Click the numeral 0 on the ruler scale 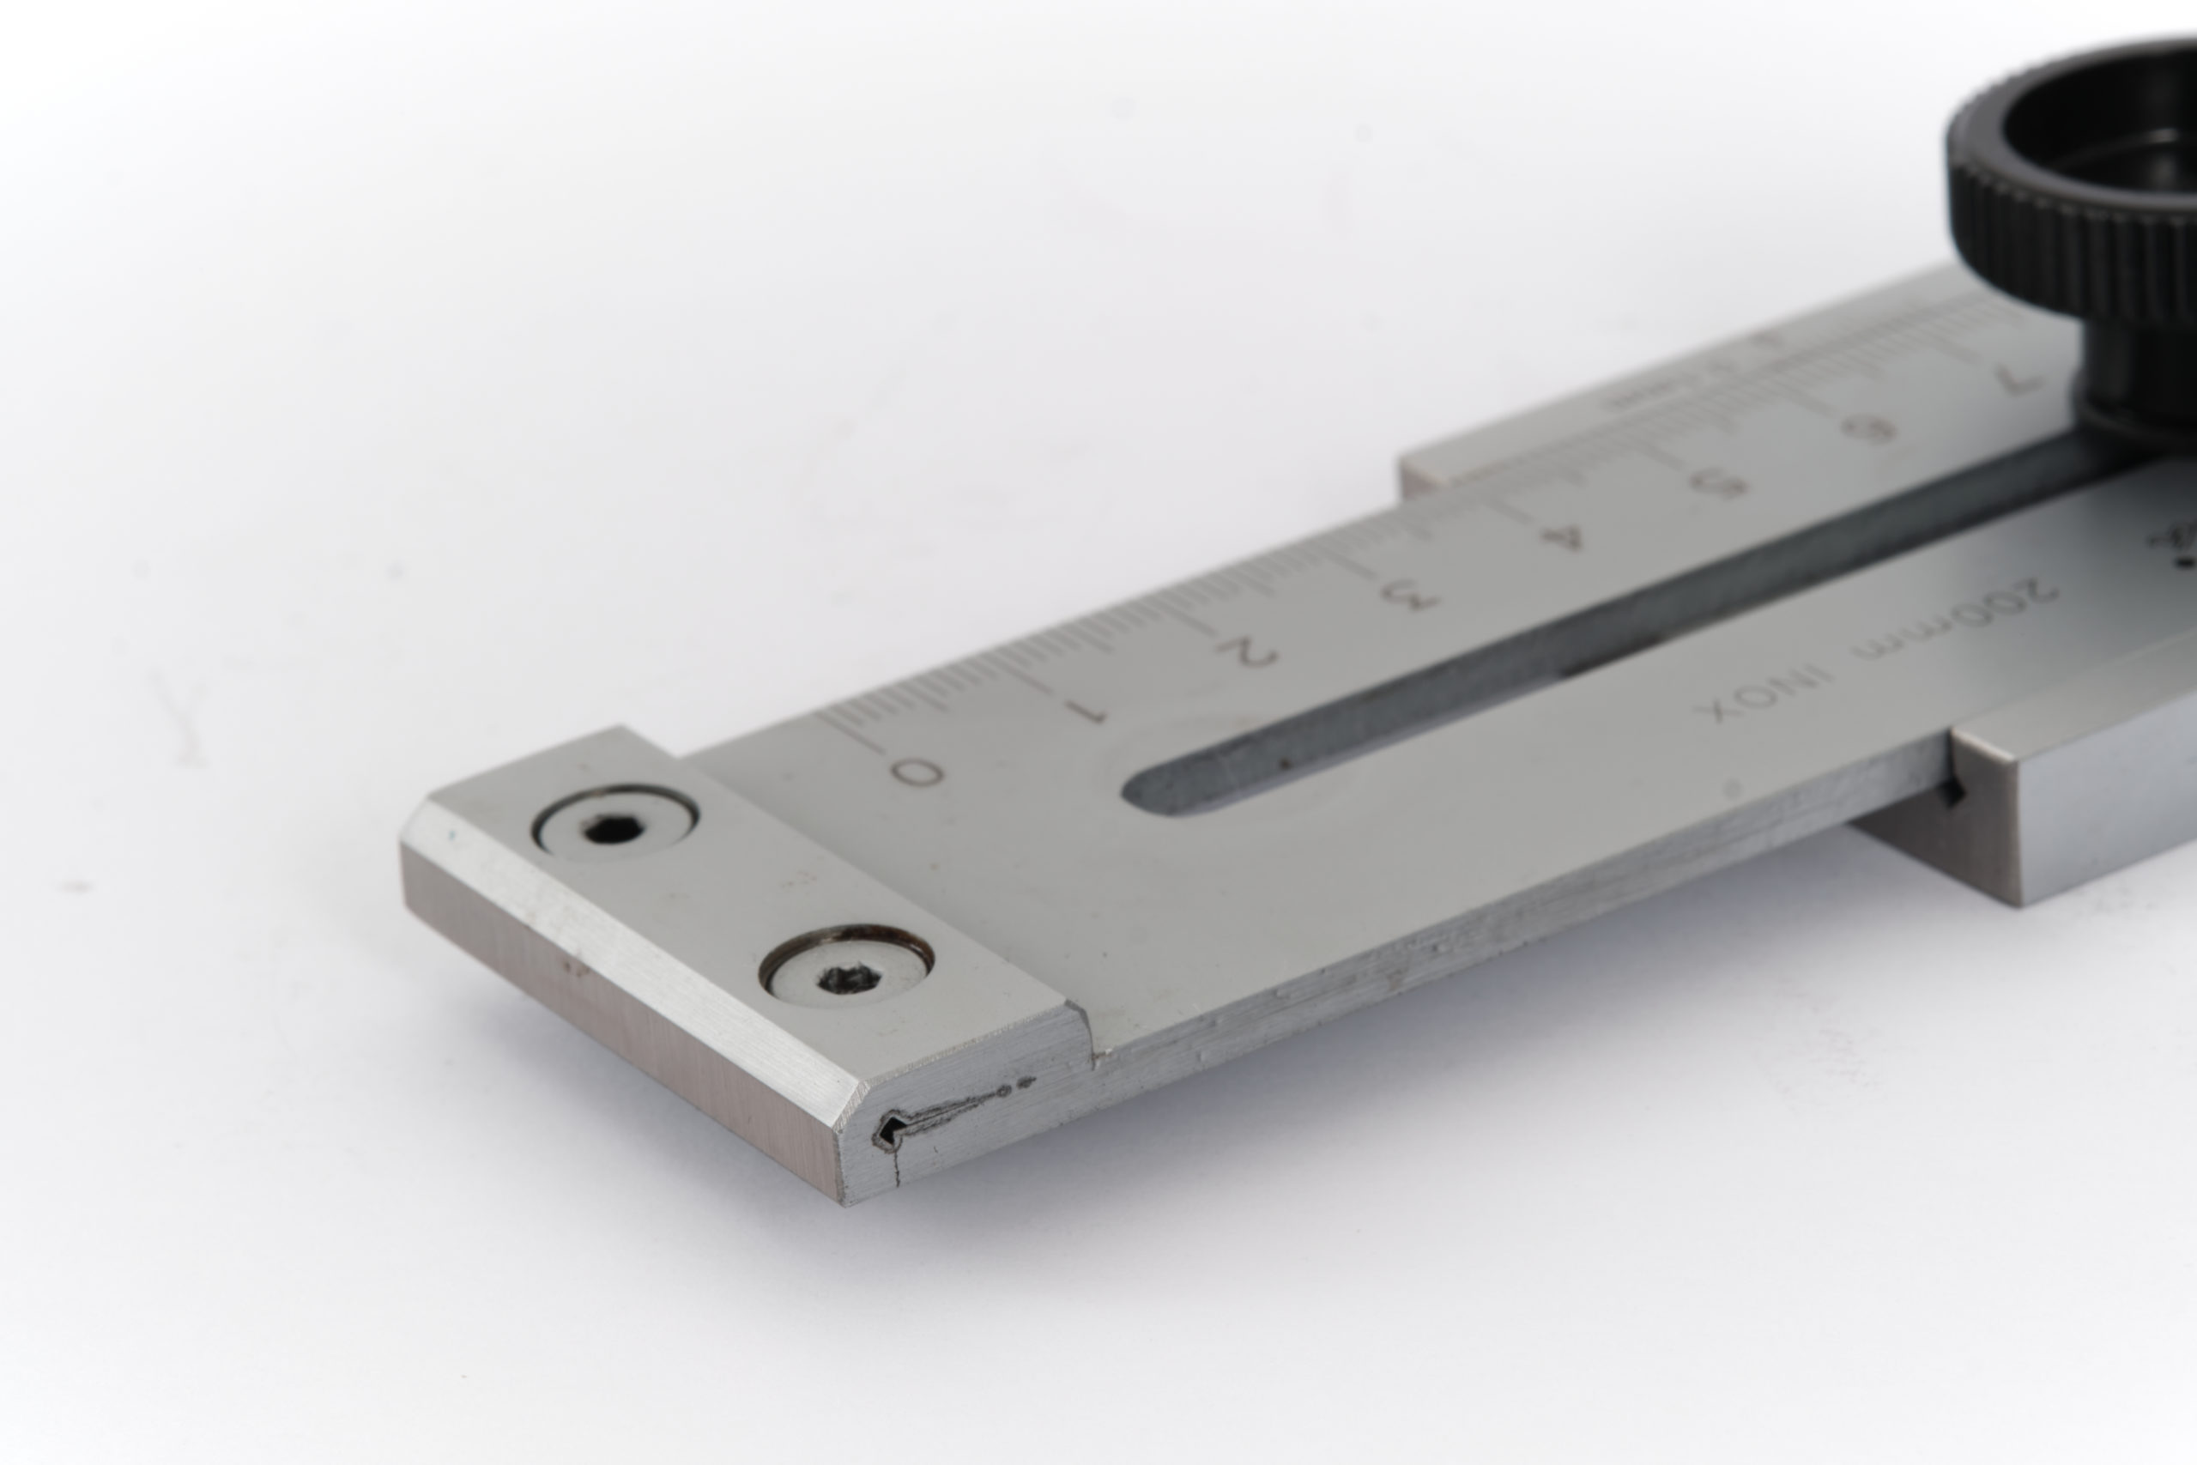916,772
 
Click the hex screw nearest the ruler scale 614,824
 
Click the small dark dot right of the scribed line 1028,1083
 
